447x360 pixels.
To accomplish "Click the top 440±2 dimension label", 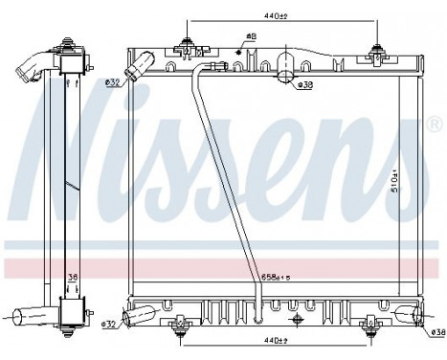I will pyautogui.click(x=277, y=14).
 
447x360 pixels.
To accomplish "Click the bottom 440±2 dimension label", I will pyautogui.click(x=277, y=339).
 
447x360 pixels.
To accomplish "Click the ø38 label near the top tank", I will pyautogui.click(x=305, y=85).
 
